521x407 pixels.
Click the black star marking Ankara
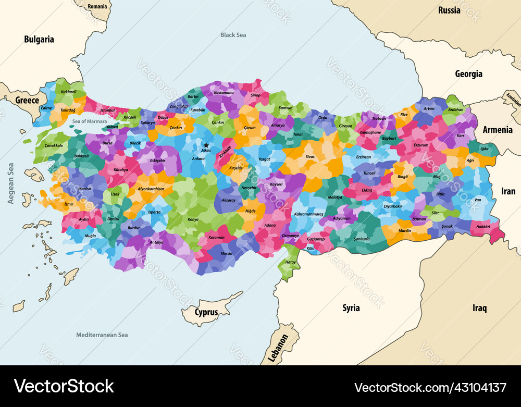click(x=206, y=145)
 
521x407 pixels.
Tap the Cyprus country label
click(x=206, y=313)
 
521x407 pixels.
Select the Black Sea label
click(x=233, y=35)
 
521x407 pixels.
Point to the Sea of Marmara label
click(x=90, y=121)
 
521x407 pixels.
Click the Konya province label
click(x=193, y=219)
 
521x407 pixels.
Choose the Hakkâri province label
click(x=480, y=227)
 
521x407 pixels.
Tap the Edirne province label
click(x=47, y=108)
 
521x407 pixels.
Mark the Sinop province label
click(x=255, y=95)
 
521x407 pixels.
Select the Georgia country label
click(x=468, y=74)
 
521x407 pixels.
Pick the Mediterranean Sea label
click(x=102, y=335)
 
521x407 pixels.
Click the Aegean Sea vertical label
click(x=11, y=182)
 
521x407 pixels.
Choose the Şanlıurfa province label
click(x=362, y=238)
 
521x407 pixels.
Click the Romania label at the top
click(x=97, y=7)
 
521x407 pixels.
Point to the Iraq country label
click(x=479, y=308)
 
